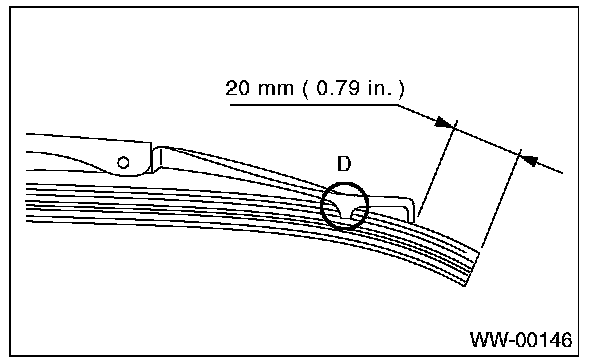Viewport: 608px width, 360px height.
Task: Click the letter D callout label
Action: tap(344, 164)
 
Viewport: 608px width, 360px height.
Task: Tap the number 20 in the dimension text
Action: tap(237, 88)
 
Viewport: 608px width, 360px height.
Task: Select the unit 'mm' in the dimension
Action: tap(275, 90)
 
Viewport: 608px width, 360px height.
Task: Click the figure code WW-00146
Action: tap(521, 340)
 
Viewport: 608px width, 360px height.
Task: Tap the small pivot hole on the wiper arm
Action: tap(123, 163)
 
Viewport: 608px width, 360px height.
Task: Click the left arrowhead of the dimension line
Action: tap(444, 123)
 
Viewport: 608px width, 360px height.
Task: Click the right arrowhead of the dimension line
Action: tap(530, 159)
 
